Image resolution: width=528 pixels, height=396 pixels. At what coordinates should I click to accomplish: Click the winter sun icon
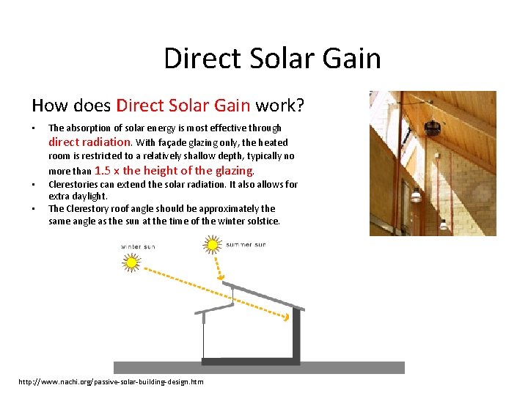[133, 262]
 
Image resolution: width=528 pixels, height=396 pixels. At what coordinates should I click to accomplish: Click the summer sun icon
[213, 244]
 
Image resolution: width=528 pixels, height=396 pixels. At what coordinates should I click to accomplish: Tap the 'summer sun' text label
[246, 244]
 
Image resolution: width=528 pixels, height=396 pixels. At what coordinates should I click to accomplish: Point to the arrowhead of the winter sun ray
[286, 318]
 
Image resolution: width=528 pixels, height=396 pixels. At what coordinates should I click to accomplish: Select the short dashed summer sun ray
[219, 264]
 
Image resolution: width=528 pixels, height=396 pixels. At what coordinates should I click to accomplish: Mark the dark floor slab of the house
[249, 361]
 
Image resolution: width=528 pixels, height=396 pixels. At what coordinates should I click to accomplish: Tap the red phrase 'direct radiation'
[90, 142]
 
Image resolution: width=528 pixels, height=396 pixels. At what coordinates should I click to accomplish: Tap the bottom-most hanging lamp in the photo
[443, 224]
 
